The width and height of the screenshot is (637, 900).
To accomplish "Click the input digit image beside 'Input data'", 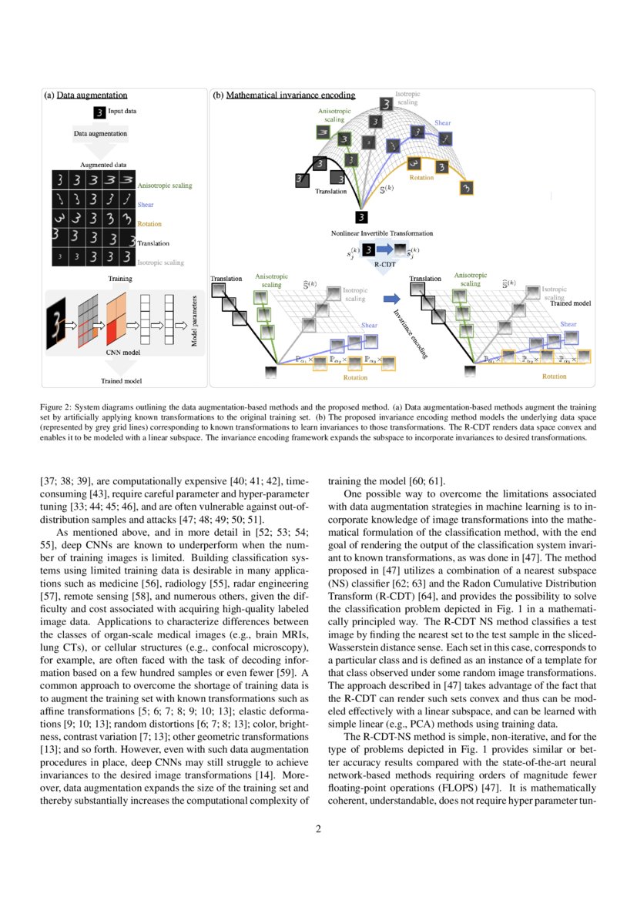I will [98, 112].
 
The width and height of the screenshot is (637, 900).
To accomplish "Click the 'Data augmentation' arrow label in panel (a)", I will [100, 134].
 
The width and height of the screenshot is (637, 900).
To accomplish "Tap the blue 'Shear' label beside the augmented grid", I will [146, 206].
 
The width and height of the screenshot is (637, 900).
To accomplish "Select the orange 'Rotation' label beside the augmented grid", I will [149, 224].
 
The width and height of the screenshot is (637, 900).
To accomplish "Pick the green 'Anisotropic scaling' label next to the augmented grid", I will [165, 186].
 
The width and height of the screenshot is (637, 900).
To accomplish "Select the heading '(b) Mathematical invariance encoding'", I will [283, 95].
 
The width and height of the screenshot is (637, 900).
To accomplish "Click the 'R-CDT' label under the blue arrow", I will [384, 265].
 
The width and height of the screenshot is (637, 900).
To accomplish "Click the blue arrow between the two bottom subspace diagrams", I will [391, 297].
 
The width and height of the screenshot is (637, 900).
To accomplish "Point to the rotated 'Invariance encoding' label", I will [408, 334].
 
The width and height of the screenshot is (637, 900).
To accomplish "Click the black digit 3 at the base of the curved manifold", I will [360, 216].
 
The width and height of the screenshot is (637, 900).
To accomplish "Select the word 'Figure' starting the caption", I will [52, 404].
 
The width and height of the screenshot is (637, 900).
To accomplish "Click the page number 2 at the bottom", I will [318, 829].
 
